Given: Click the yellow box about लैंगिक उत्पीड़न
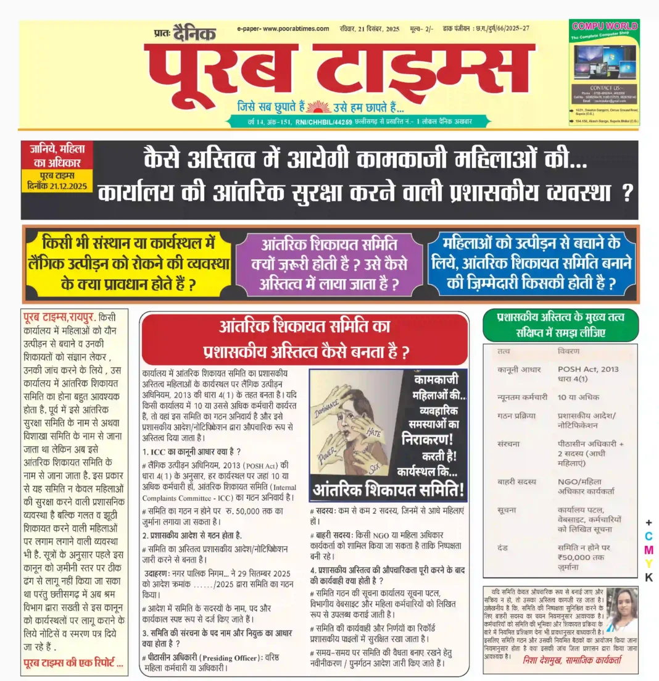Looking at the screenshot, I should (x=129, y=263).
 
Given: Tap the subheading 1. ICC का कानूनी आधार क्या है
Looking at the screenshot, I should (x=191, y=451).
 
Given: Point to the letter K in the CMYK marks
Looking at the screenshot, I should (x=648, y=577).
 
